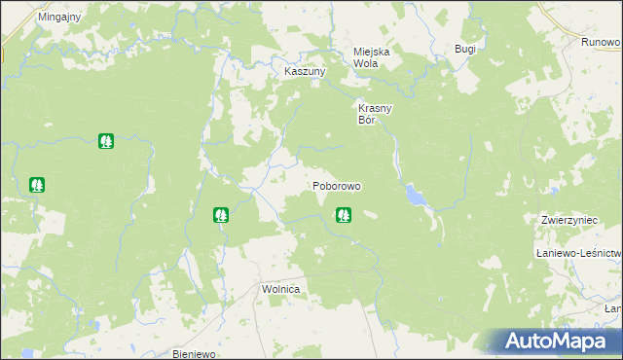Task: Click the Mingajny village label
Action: pos(59,18)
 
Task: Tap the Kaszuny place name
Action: pos(304,72)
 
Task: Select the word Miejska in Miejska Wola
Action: pos(372,51)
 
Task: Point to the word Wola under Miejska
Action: pos(365,63)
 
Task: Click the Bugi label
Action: pos(465,49)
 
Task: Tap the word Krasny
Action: pos(375,109)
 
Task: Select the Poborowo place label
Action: pos(337,185)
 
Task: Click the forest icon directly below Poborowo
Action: pos(343,215)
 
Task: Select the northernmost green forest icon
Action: pos(105,141)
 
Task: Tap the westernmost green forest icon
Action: pos(37,183)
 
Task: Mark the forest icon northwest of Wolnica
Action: pos(221,214)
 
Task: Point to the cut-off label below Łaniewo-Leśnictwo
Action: pos(613,308)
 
